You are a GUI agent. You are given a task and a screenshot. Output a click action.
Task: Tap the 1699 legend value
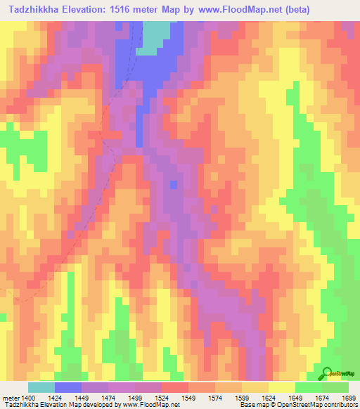pyautogui.click(x=349, y=398)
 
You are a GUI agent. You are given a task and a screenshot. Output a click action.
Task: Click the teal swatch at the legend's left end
pyautogui.click(x=41, y=387)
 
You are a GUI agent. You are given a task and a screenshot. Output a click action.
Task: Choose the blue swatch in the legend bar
pyautogui.click(x=68, y=387)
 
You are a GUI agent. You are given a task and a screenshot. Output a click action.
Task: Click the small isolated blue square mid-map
pyautogui.click(x=174, y=185)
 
